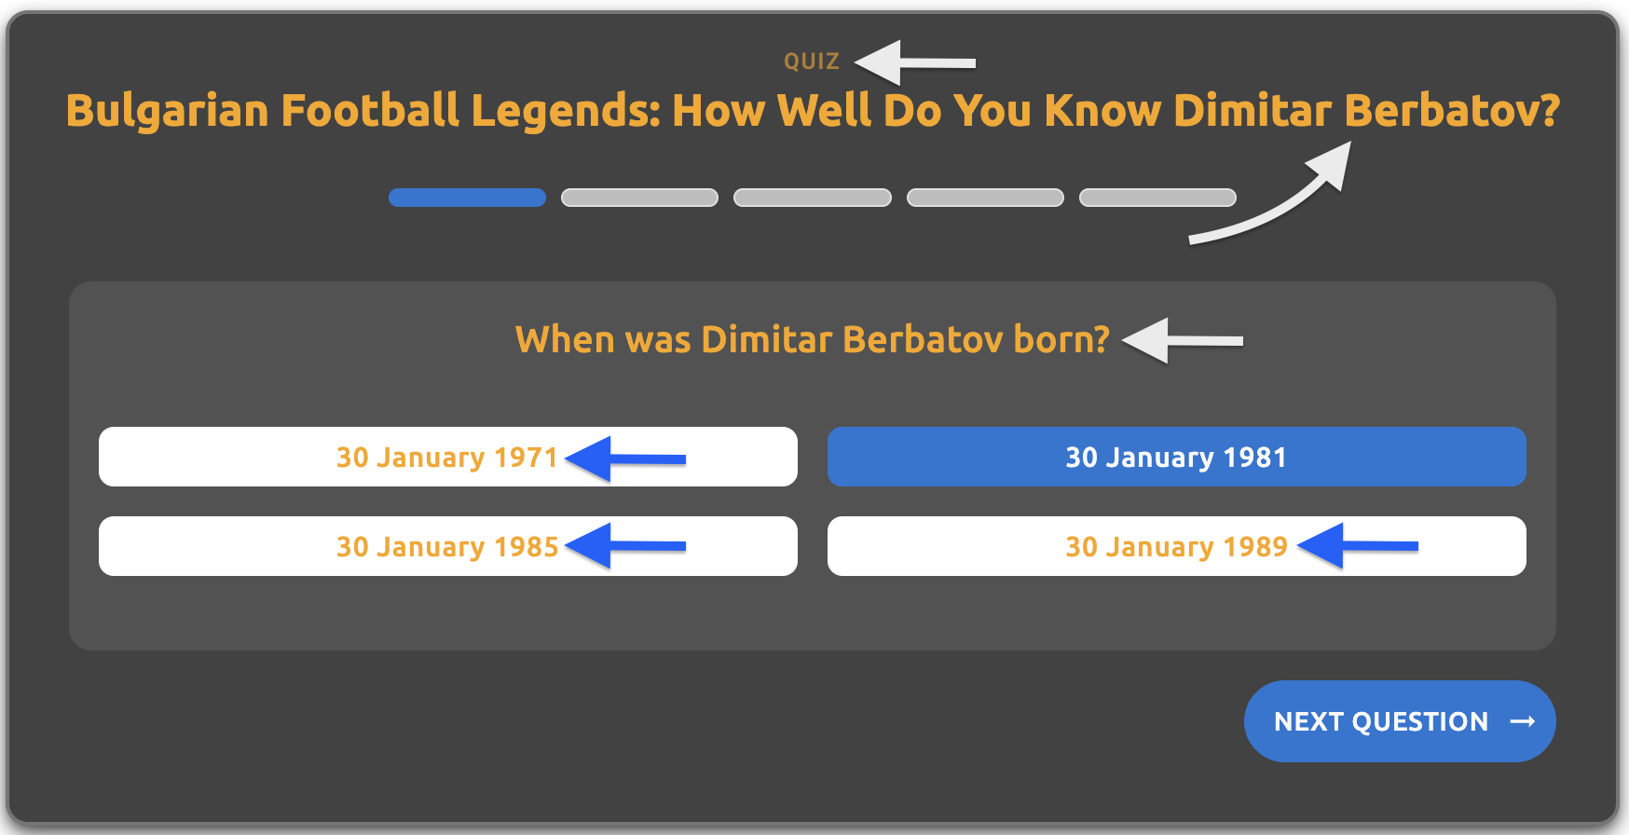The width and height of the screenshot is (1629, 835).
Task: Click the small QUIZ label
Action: (812, 62)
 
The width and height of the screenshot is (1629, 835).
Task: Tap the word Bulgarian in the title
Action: (168, 111)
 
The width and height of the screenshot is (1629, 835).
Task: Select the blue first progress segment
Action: (467, 198)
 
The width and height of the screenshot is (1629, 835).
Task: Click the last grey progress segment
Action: (1157, 198)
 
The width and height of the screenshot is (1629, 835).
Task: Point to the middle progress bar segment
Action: (813, 198)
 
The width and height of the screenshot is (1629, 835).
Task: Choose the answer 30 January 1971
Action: (448, 457)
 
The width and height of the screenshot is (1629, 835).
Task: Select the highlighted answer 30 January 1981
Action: (1177, 457)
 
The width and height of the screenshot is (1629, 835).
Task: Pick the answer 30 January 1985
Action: (448, 546)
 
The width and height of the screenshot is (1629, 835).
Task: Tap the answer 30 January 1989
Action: (1177, 546)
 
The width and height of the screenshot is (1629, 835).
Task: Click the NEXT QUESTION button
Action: (1400, 721)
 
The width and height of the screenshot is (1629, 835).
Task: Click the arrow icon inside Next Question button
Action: (1523, 721)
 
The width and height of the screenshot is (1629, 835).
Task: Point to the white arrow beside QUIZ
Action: (915, 62)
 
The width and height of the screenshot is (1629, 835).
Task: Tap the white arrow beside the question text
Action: (1183, 340)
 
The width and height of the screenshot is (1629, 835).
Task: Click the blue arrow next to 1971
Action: (625, 459)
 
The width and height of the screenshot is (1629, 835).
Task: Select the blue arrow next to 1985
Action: (625, 546)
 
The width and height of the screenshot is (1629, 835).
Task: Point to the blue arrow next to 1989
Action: (1358, 546)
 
